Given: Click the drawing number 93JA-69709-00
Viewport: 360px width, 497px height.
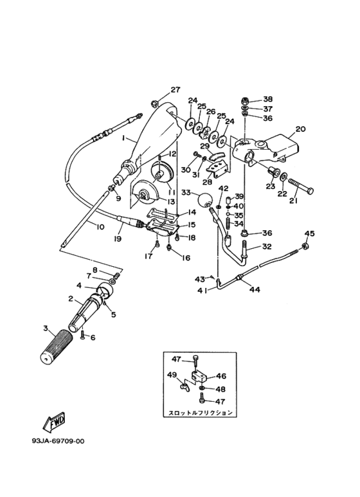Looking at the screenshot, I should [x=58, y=441].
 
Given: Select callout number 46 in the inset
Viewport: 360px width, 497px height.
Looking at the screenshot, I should [x=221, y=376].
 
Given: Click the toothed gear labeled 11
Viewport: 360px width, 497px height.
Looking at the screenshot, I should [x=161, y=174].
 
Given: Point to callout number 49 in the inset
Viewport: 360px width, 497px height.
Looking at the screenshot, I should [x=172, y=375].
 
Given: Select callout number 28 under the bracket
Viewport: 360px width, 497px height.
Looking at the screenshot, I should [x=207, y=182].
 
